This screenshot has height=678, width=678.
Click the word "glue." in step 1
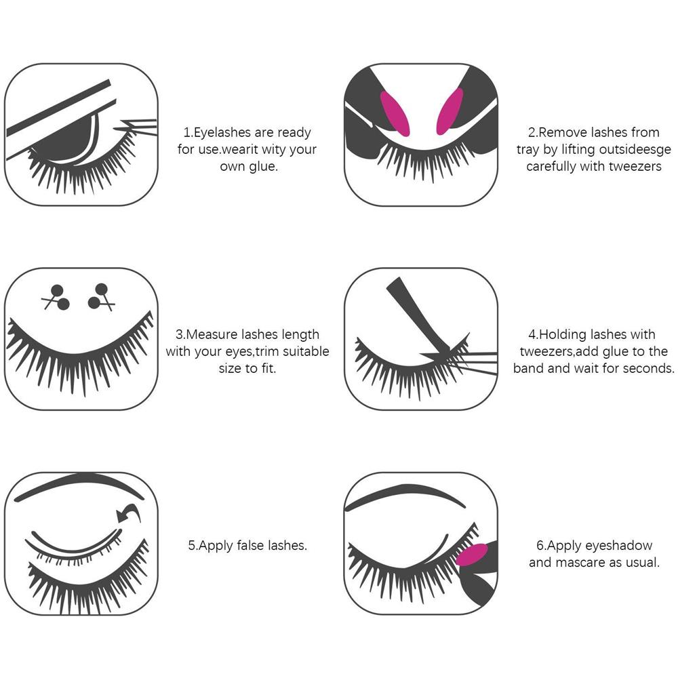[263, 167]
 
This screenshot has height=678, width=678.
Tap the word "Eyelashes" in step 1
[222, 133]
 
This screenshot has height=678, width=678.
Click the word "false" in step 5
[249, 546]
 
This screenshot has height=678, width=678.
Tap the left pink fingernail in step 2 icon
[395, 114]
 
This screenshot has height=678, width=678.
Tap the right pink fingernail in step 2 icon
[450, 112]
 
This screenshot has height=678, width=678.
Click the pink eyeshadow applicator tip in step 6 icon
[472, 555]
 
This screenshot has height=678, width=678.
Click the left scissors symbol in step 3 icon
[56, 298]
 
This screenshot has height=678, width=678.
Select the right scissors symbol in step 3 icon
[102, 297]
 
